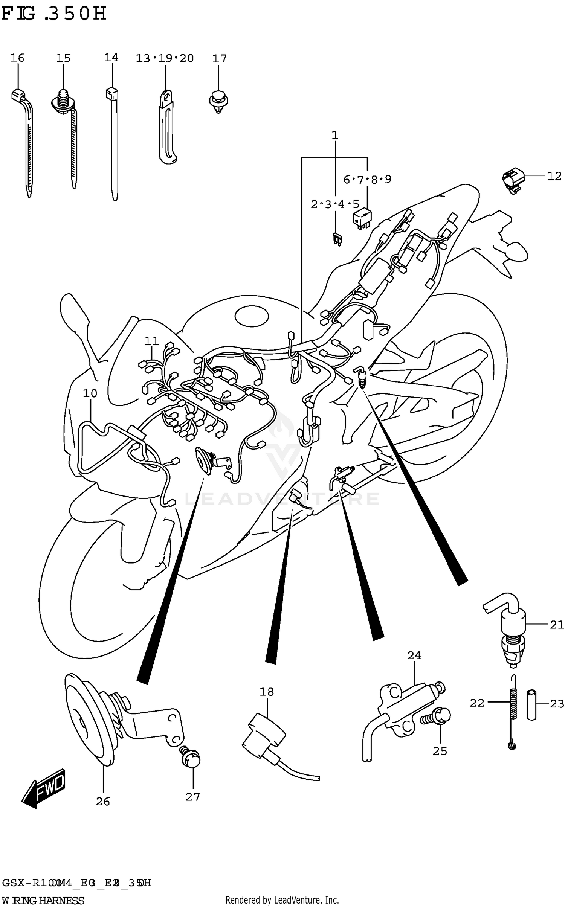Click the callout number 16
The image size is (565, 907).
17,58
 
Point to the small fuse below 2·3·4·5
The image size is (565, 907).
337,239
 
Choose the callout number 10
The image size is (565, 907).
90,393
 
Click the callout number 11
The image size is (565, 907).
151,341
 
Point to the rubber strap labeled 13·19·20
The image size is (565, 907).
166,128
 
